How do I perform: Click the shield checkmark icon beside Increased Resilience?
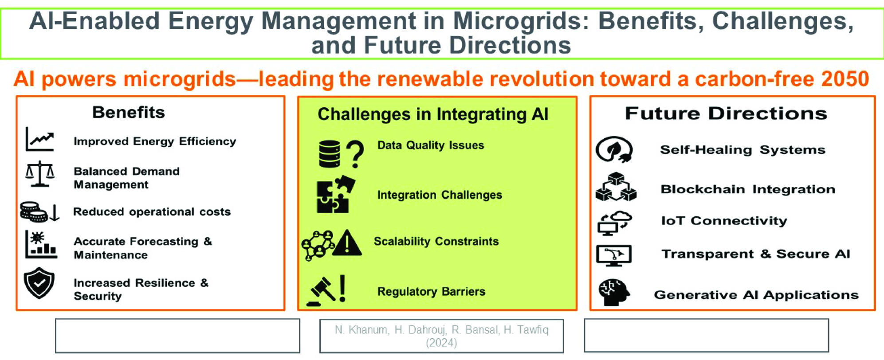[x=39, y=283]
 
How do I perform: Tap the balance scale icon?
[x=40, y=174]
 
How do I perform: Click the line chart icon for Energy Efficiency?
[x=40, y=139]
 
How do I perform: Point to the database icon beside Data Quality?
[x=330, y=154]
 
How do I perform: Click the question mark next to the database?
[x=355, y=154]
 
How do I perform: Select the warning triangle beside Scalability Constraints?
[x=347, y=243]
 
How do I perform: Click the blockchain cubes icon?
[x=616, y=187]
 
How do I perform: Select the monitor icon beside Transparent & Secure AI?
[x=614, y=255]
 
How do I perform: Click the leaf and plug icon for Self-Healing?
[x=614, y=150]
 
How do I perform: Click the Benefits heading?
[x=129, y=113]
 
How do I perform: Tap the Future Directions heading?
[x=726, y=113]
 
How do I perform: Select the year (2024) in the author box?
[x=441, y=343]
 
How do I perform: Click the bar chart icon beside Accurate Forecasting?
[x=41, y=244]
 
